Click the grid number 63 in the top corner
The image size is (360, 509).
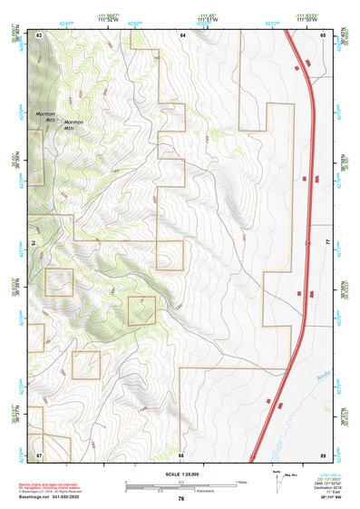point(40,34)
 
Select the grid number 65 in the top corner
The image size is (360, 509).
point(323,34)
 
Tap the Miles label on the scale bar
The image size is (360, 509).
point(241,481)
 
